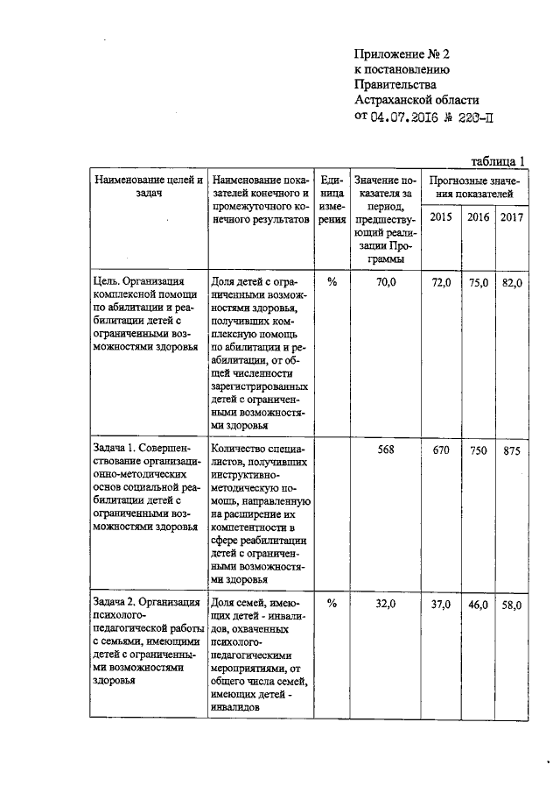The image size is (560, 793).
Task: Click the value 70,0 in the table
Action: click(x=386, y=282)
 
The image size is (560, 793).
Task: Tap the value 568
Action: click(x=386, y=450)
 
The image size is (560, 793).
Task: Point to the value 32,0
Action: click(x=386, y=604)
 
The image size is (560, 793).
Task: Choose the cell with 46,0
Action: click(x=477, y=605)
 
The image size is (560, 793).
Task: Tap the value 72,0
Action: click(x=441, y=282)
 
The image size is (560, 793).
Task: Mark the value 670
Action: click(x=441, y=450)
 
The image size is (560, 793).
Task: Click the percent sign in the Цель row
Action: click(x=332, y=282)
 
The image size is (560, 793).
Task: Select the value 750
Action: click(x=477, y=450)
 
